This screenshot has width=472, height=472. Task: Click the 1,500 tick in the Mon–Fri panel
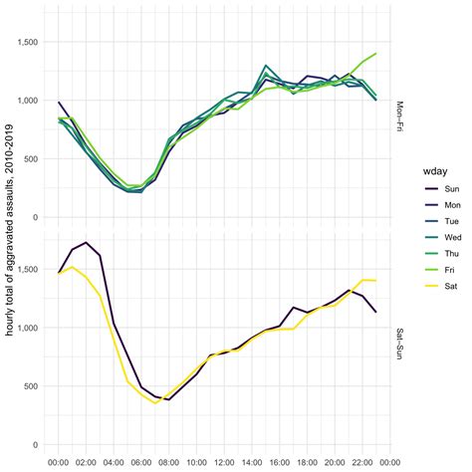point(28,43)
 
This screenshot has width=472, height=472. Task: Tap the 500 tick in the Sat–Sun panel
point(34,386)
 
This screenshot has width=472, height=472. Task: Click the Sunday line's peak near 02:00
point(87,242)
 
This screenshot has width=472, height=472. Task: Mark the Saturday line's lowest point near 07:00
point(155,403)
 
